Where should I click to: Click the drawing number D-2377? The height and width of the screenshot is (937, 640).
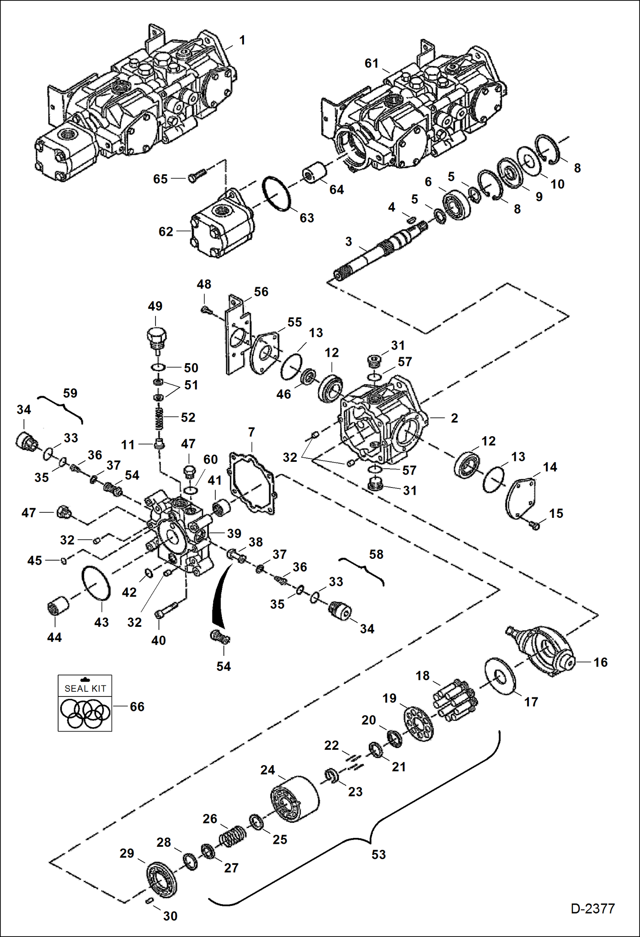592,908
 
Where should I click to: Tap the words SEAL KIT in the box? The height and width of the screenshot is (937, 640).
85,688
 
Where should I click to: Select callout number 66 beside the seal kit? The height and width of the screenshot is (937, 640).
137,706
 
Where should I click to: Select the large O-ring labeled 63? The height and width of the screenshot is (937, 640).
277,193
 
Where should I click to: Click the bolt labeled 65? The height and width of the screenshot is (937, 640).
197,175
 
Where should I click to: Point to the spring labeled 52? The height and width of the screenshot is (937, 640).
159,418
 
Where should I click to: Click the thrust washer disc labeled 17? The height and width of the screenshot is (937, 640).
500,676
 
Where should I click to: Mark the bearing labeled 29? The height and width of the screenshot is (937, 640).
161,880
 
